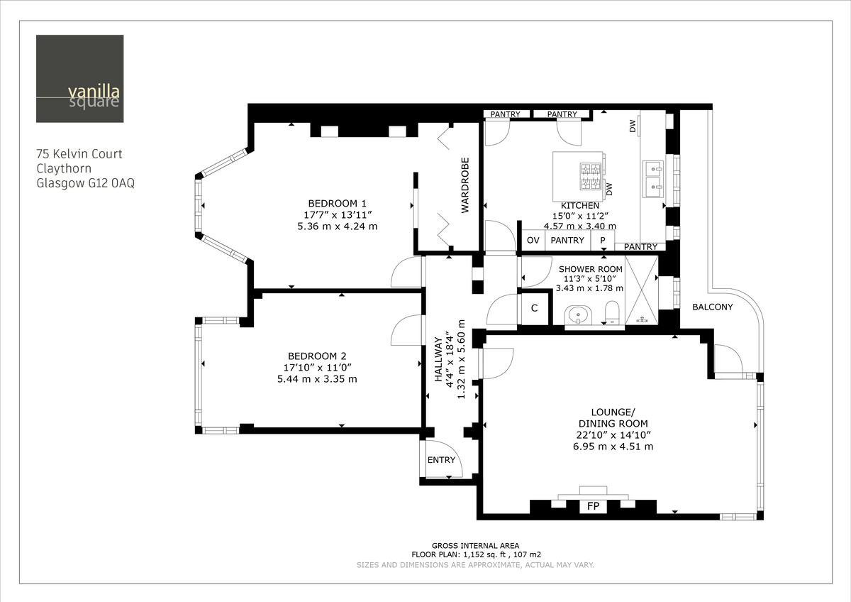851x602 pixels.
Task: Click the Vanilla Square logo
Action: [x=80, y=79]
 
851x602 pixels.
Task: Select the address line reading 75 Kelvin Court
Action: [x=79, y=153]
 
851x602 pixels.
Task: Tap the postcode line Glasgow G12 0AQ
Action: [x=85, y=182]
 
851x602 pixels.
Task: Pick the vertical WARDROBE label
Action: [x=466, y=185]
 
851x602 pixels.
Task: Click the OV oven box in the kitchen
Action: [x=533, y=241]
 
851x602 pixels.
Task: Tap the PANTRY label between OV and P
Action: [x=567, y=241]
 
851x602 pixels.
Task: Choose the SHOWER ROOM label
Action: [x=591, y=269]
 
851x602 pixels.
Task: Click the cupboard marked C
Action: [x=534, y=309]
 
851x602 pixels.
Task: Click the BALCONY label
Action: [x=713, y=307]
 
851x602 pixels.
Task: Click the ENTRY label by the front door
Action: [x=441, y=460]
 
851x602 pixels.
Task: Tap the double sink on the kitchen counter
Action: [x=652, y=178]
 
